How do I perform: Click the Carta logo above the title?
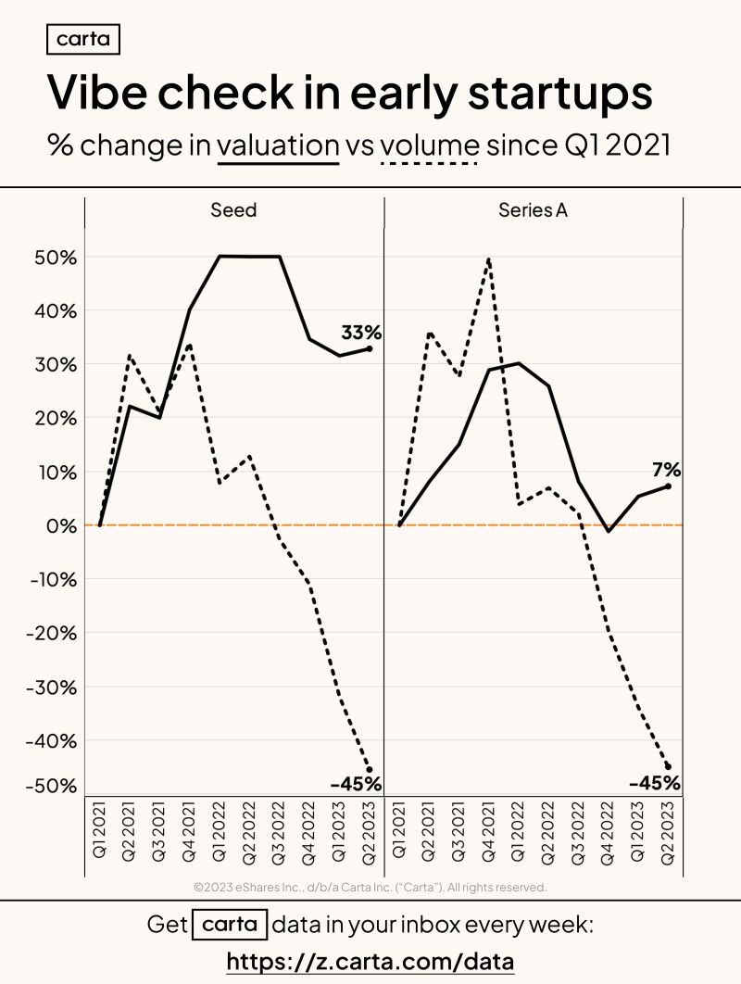(x=82, y=39)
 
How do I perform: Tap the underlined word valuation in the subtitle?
(x=278, y=145)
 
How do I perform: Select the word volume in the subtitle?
(x=430, y=145)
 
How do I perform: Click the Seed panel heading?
(x=233, y=209)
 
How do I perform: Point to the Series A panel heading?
(x=533, y=209)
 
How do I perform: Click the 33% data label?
(x=361, y=332)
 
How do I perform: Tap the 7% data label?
(x=666, y=470)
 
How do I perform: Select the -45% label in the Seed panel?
(x=356, y=784)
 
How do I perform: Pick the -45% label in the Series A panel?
(x=655, y=783)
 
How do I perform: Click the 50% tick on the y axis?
(x=56, y=258)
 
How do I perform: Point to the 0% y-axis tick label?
(x=61, y=526)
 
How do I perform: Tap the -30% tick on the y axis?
(x=52, y=688)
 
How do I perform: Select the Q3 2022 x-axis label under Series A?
(x=578, y=833)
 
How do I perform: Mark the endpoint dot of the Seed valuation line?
(x=369, y=349)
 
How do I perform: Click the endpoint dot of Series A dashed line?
(x=668, y=767)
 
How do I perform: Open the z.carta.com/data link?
(x=370, y=962)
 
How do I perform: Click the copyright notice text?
(x=370, y=888)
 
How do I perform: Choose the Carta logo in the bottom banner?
(x=230, y=925)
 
